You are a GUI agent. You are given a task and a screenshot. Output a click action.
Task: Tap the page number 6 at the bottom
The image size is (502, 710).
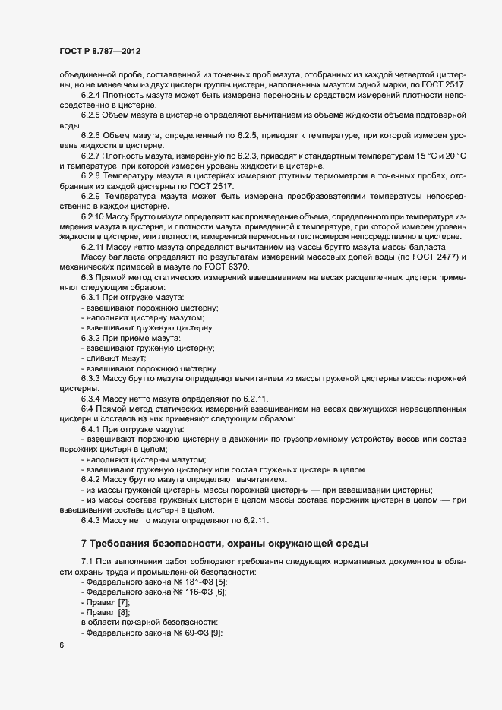(x=61, y=645)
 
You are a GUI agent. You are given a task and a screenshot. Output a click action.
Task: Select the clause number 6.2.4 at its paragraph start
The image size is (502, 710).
(x=90, y=95)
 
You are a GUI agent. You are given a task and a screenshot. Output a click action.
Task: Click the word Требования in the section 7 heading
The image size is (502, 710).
(x=128, y=543)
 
